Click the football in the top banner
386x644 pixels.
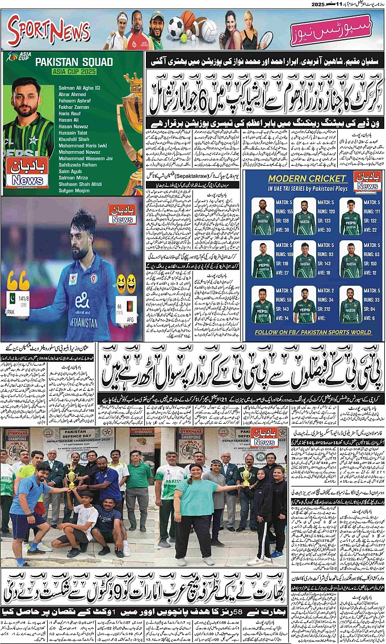click(x=175, y=26)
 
